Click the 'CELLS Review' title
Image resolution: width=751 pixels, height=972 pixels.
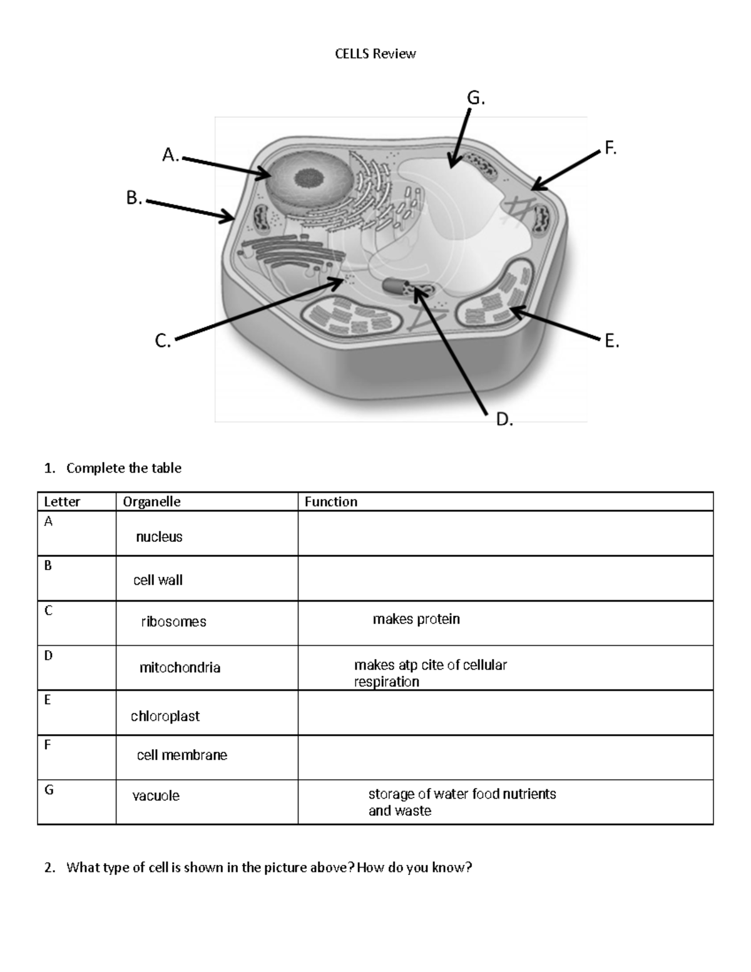(x=375, y=54)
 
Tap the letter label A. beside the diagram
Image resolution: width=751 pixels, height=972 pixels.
(x=170, y=155)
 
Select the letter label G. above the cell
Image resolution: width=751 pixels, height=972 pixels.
(x=476, y=98)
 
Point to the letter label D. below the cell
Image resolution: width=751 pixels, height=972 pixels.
(x=504, y=419)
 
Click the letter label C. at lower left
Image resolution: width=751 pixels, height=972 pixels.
(x=162, y=341)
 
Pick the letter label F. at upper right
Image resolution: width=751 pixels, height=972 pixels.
(x=610, y=148)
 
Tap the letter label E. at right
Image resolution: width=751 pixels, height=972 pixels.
(x=611, y=341)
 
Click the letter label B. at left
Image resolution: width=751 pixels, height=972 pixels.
(x=134, y=198)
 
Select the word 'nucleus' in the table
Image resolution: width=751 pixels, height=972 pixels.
(x=159, y=537)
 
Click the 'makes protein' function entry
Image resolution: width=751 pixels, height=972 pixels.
(x=416, y=619)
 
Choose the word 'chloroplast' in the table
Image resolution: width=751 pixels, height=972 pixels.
(x=165, y=716)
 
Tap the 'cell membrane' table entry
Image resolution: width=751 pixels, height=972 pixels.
(x=182, y=755)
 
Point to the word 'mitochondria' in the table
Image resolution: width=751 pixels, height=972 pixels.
(x=180, y=668)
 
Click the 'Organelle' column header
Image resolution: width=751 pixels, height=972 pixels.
(x=151, y=502)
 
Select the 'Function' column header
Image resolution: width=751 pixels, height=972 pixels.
(x=331, y=502)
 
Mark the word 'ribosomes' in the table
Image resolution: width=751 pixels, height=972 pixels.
(x=173, y=622)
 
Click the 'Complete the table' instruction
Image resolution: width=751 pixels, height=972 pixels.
(x=123, y=468)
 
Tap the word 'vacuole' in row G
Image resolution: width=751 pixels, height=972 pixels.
(x=156, y=796)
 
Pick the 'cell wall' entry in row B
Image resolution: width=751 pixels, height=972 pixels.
(x=158, y=580)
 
